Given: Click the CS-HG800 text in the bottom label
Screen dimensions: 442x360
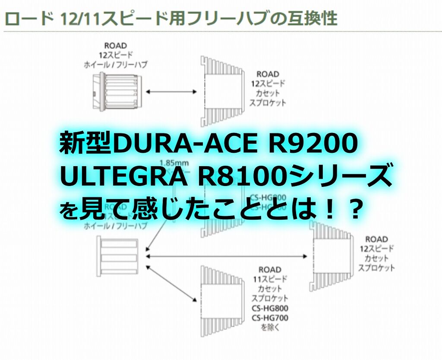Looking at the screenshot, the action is click(270, 308).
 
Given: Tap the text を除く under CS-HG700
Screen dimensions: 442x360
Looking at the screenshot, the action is click(270, 328).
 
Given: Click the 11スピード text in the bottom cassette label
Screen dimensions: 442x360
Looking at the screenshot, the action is click(270, 279).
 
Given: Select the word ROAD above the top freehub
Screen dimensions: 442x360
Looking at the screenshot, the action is click(115, 45).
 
